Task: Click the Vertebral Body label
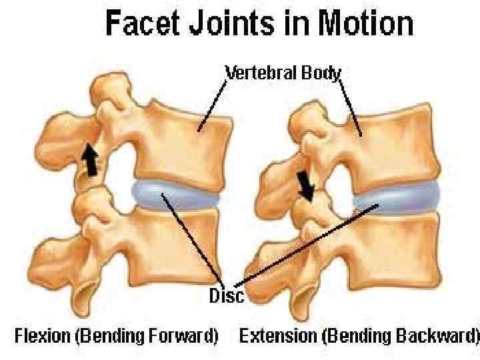pyautogui.click(x=284, y=72)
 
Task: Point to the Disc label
pyautogui.click(x=227, y=295)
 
